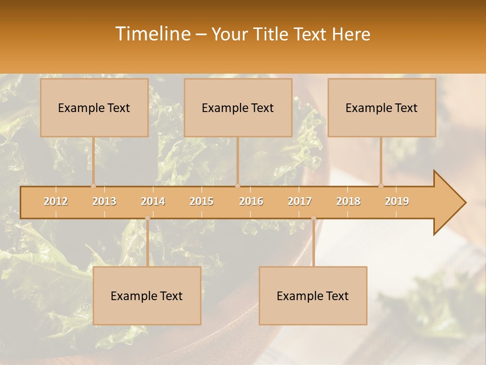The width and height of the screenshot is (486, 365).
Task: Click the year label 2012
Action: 56,201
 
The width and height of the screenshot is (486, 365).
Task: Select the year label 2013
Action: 104,201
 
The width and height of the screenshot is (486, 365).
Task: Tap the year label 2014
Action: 153,201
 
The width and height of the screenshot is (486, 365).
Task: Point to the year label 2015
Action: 201,201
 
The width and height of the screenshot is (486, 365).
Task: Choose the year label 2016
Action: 251,201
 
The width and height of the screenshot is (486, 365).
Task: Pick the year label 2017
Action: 300,201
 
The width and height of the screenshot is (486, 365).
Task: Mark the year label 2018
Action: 348,201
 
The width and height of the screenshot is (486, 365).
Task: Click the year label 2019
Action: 397,201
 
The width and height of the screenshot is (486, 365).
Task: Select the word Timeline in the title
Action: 153,34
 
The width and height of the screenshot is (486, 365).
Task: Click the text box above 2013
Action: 94,107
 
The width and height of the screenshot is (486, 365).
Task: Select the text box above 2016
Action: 238,107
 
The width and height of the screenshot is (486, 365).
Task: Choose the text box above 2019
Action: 382,107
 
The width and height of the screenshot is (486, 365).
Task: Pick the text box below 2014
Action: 147,296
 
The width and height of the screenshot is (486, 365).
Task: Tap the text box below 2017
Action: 313,296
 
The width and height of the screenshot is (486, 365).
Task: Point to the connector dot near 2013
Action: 93,186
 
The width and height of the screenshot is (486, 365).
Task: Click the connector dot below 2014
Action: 147,218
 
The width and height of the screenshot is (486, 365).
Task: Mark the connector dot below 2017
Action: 313,218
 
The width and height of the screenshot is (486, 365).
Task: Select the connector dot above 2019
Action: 381,186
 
